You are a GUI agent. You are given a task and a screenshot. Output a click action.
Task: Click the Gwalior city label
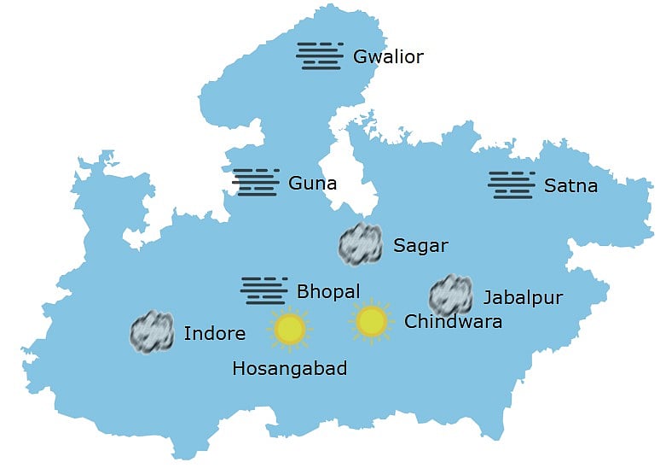click(x=388, y=57)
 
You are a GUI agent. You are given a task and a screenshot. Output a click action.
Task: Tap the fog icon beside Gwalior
click(x=320, y=56)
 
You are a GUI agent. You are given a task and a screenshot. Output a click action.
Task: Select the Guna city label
click(x=312, y=183)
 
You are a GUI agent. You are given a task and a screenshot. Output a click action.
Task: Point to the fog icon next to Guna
click(x=256, y=182)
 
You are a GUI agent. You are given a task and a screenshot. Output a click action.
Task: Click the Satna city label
click(x=570, y=186)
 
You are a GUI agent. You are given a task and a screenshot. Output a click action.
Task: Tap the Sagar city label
click(x=420, y=246)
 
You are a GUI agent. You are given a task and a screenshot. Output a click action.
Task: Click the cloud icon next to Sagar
click(x=360, y=244)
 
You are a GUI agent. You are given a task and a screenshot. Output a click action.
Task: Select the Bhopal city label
click(x=328, y=291)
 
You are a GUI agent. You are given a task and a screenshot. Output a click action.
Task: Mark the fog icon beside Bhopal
click(x=264, y=290)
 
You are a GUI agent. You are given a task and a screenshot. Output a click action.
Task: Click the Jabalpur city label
click(x=523, y=297)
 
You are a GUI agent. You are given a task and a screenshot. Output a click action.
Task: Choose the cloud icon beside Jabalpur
click(x=450, y=296)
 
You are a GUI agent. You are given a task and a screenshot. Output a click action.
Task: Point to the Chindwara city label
click(x=453, y=322)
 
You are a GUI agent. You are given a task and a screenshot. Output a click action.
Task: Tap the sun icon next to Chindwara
click(x=371, y=321)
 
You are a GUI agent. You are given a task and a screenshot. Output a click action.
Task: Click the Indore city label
click(x=214, y=333)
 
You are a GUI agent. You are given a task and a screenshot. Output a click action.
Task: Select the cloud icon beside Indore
click(x=152, y=332)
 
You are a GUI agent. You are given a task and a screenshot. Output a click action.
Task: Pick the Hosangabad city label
click(x=289, y=368)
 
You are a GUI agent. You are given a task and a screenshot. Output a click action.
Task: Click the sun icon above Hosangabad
click(x=290, y=329)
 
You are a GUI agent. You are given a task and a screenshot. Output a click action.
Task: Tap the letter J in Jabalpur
click(x=488, y=297)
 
